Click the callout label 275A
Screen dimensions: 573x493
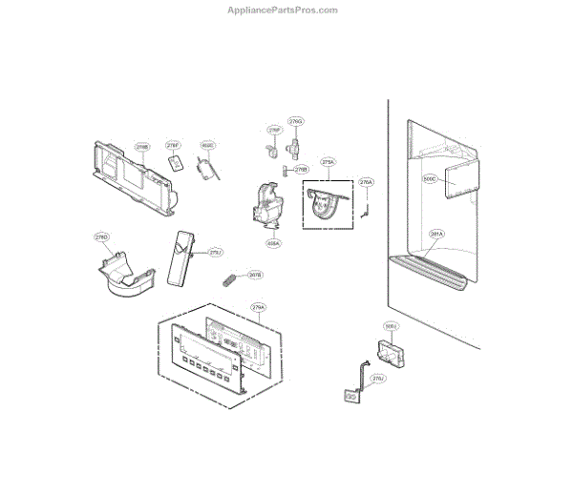tap(329, 162)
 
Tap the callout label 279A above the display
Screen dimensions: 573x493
tap(258, 308)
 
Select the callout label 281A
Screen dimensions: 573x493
tap(435, 234)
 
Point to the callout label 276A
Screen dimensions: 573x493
tap(366, 181)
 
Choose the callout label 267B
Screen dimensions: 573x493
tap(255, 275)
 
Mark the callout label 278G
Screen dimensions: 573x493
tap(296, 122)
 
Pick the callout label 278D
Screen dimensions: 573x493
tap(101, 236)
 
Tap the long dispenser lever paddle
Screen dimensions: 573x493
tap(179, 257)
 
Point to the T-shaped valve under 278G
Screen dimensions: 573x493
tap(296, 146)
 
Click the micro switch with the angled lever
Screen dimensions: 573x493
tap(208, 168)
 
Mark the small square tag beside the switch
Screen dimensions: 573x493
tap(175, 163)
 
